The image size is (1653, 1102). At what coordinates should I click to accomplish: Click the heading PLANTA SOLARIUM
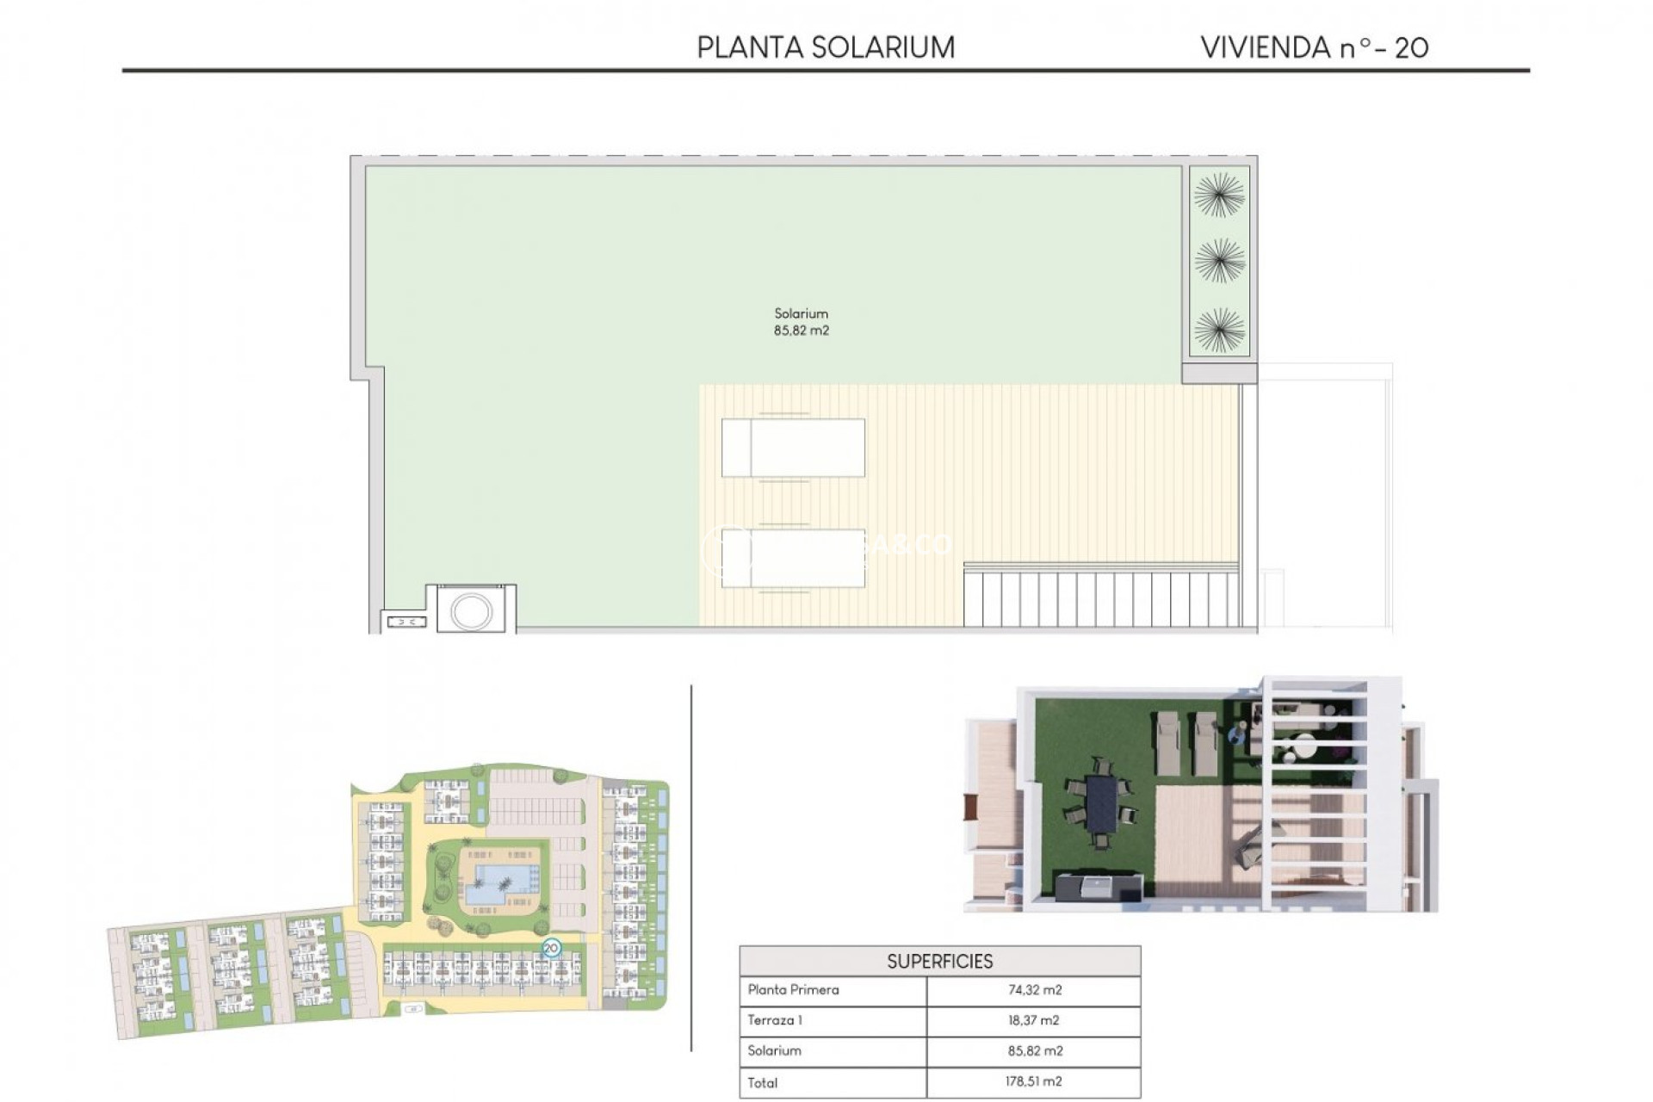click(x=826, y=47)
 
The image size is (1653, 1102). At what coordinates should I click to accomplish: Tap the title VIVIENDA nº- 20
click(x=1314, y=47)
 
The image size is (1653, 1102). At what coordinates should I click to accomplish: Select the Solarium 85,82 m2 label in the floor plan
click(x=801, y=322)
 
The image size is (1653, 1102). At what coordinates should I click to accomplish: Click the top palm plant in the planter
click(x=1219, y=195)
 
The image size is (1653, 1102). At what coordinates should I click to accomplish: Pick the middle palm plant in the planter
click(x=1219, y=261)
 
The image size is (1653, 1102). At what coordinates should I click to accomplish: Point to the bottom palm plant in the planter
click(x=1219, y=330)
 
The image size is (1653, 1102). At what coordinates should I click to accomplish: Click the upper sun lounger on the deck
click(x=793, y=448)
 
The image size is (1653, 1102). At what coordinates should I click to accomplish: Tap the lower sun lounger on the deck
click(x=793, y=558)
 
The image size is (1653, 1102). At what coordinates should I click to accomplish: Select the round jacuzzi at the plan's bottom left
click(x=471, y=611)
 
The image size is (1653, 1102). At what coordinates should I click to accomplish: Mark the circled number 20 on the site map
click(x=551, y=948)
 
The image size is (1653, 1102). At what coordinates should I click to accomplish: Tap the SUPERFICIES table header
click(x=939, y=961)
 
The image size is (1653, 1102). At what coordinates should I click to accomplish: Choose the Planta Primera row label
click(x=793, y=990)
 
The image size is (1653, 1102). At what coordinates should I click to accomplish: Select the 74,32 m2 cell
click(x=1035, y=990)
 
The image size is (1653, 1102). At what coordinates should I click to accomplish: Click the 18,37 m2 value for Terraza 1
click(x=1035, y=1020)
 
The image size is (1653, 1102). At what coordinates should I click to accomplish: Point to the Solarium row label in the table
click(x=774, y=1050)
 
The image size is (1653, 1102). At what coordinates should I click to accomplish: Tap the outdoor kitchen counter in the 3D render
click(x=1099, y=888)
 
